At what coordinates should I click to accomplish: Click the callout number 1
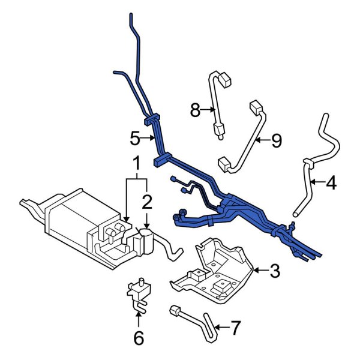[136, 163]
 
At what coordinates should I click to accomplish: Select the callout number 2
[146, 200]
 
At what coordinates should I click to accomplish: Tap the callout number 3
[275, 271]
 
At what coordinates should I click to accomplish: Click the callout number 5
[135, 139]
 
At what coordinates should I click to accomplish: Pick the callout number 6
[139, 338]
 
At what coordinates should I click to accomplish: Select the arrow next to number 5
[150, 139]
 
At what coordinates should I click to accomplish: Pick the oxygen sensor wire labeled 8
[213, 102]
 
